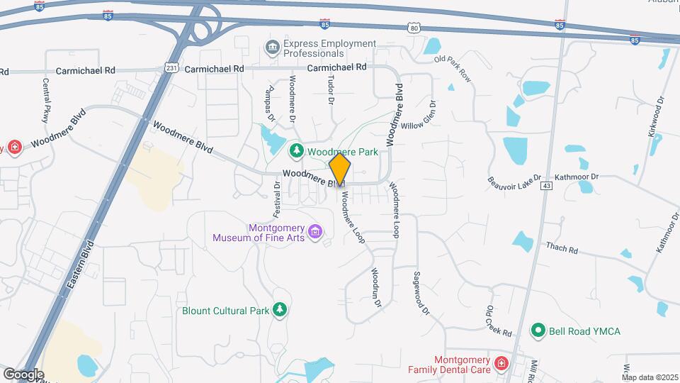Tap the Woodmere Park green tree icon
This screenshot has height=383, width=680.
pos(296,151)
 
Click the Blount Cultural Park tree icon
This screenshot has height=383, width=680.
pos(280,311)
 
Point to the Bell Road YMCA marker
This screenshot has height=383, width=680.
pos(538,331)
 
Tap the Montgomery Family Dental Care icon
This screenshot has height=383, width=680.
pos(501,364)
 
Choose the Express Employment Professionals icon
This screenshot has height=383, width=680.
pos(272,48)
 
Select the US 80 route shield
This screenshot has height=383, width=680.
pos(414,27)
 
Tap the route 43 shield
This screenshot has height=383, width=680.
pos(545,186)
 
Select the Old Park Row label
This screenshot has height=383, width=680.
pos(453,68)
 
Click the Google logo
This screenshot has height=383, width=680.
pos(23,374)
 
